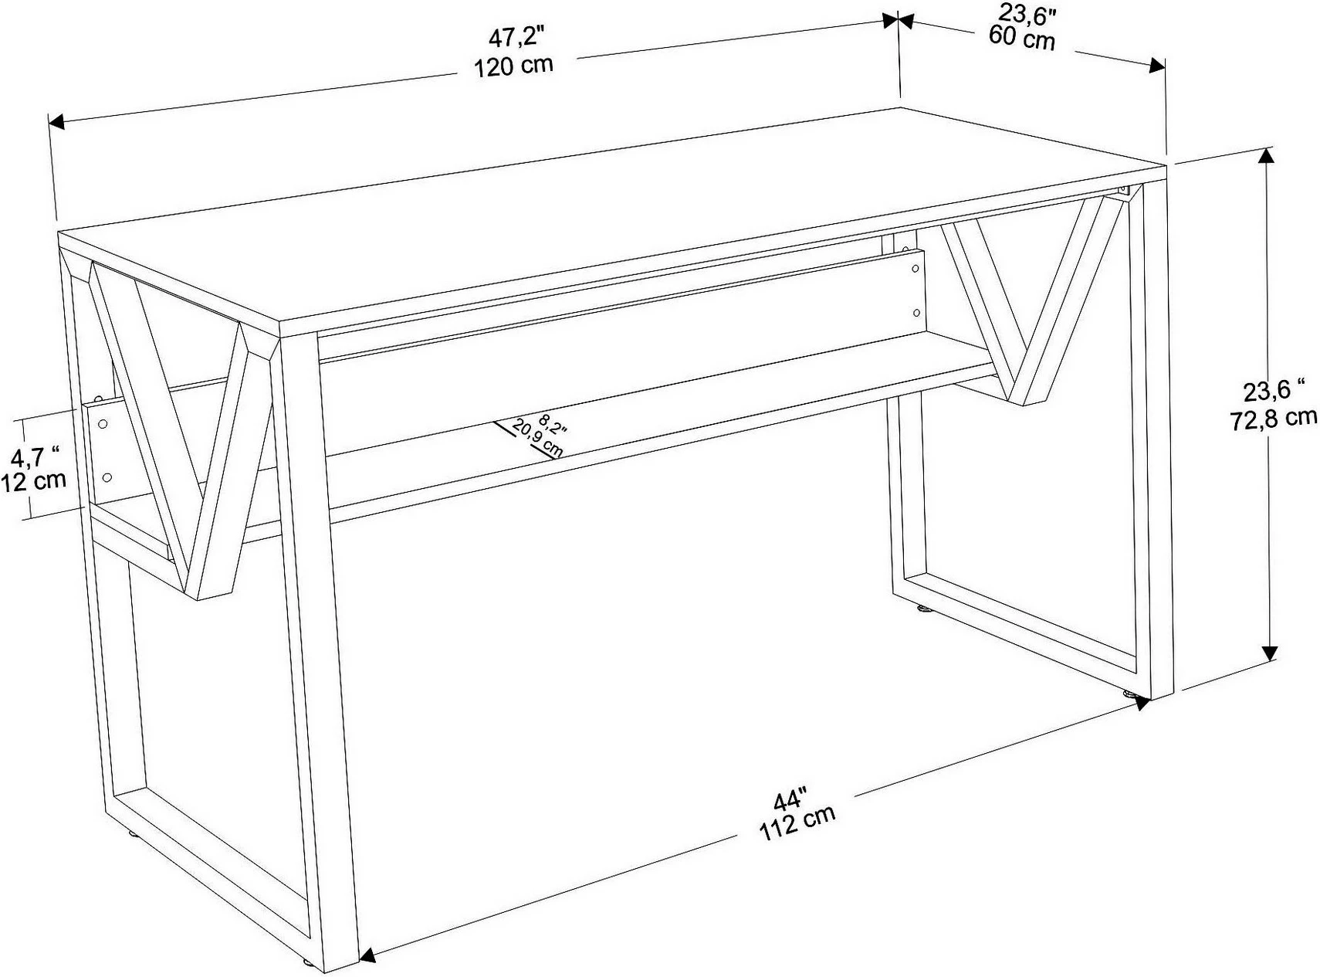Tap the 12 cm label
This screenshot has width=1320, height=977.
pyautogui.click(x=33, y=480)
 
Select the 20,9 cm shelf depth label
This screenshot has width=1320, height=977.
pyautogui.click(x=537, y=438)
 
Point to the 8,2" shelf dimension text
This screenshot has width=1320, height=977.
pyautogui.click(x=553, y=425)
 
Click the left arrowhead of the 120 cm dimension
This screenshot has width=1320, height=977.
pyautogui.click(x=56, y=122)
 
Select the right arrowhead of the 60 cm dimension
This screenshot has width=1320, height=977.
pyautogui.click(x=1157, y=65)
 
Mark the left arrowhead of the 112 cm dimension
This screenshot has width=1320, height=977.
pyautogui.click(x=368, y=955)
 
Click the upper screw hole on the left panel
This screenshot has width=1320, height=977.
pyautogui.click(x=103, y=423)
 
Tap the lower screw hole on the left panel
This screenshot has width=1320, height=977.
pyautogui.click(x=107, y=477)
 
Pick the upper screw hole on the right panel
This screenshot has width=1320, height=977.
pyautogui.click(x=916, y=269)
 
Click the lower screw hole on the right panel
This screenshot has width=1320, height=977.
pyautogui.click(x=916, y=313)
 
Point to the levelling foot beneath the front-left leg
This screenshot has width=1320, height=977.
pyautogui.click(x=310, y=964)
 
